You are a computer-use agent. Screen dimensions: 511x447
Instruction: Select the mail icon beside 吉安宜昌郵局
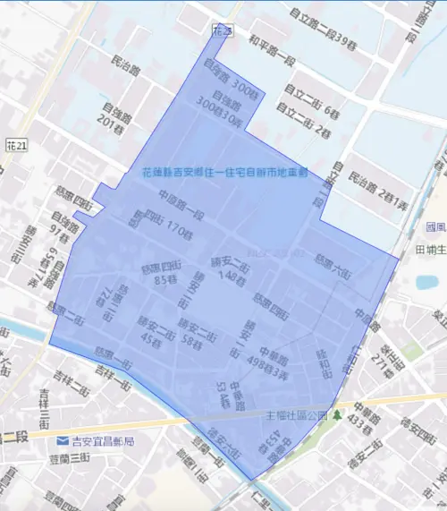(61, 442)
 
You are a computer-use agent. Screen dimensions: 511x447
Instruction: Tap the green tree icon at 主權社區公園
(337, 416)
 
